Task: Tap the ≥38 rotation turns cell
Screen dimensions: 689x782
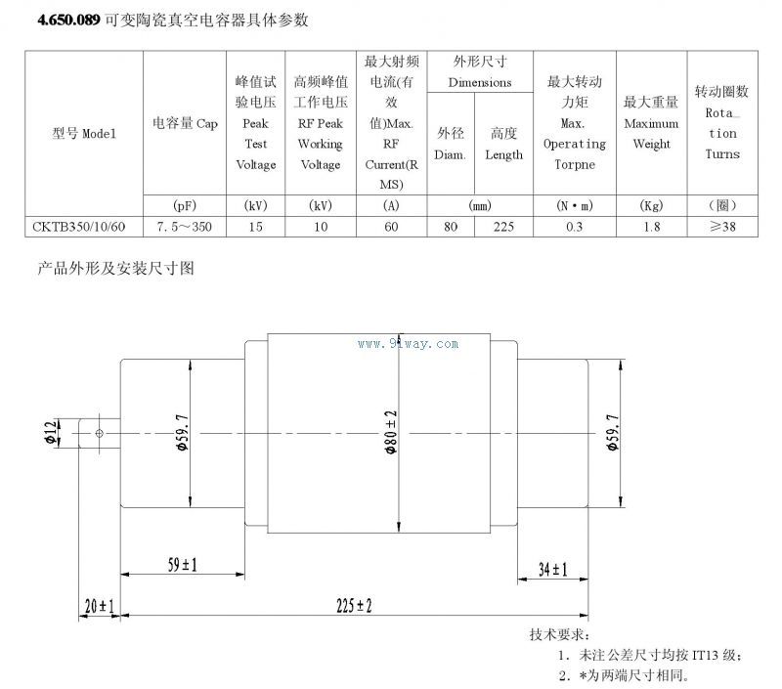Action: [x=721, y=226]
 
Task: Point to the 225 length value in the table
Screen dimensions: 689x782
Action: [x=503, y=226]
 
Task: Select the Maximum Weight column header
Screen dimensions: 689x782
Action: [x=651, y=122]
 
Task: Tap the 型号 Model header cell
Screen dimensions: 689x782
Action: [x=83, y=134]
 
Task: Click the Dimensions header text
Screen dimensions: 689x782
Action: [x=480, y=83]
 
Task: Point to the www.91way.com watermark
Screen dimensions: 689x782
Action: [x=409, y=344]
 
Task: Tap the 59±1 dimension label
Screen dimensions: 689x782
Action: [x=182, y=565]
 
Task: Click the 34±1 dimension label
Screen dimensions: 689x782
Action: [x=553, y=569]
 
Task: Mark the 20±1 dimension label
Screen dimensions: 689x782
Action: [x=99, y=606]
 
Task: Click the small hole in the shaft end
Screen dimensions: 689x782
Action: [x=99, y=431]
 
